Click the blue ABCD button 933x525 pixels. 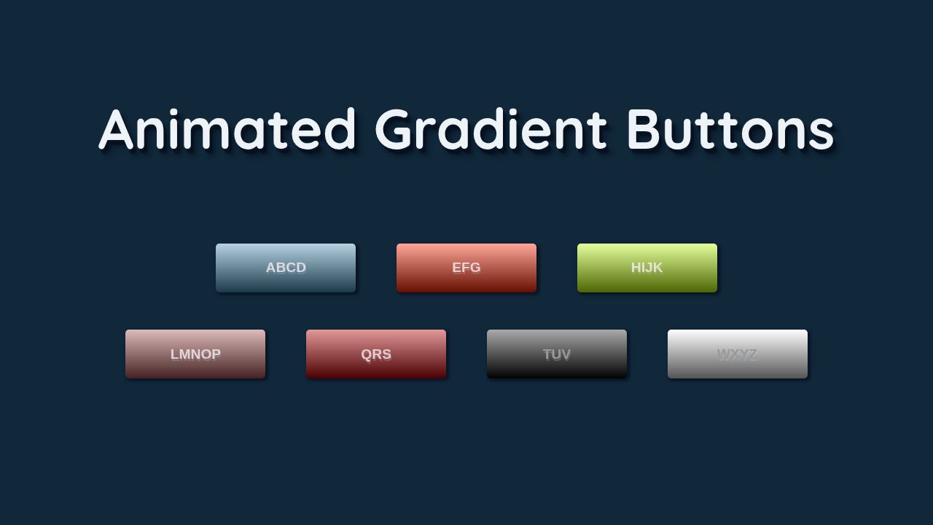286,268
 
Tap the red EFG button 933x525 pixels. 466,268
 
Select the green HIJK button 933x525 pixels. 647,268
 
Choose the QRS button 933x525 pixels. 376,354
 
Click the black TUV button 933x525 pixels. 557,354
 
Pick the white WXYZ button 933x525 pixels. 738,354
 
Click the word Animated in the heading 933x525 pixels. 227,130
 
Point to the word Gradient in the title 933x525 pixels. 491,130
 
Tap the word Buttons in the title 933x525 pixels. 730,130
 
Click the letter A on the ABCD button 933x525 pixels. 271,268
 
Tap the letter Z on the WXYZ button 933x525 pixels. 752,354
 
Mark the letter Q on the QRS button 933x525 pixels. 367,354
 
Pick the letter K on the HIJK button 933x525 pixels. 658,268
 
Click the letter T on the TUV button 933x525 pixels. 547,354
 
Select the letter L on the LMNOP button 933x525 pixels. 175,354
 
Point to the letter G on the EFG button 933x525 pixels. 475,268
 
